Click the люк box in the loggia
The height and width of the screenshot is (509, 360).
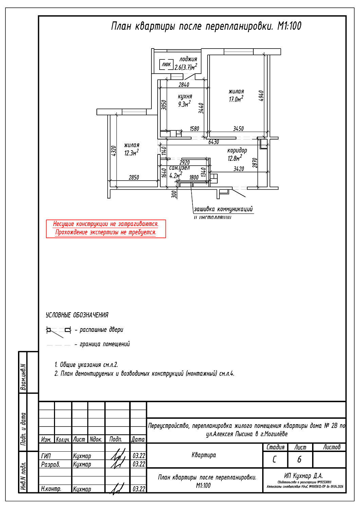click(x=166, y=64)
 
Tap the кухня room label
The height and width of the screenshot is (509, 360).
click(x=185, y=96)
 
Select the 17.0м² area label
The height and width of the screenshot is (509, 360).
click(x=236, y=99)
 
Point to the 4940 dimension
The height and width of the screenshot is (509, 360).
click(x=261, y=96)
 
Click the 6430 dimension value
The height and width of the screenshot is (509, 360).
click(x=214, y=142)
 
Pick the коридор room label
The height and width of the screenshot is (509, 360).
click(x=237, y=150)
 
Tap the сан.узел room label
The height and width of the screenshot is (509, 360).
click(x=179, y=168)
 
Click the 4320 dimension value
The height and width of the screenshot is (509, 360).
click(x=114, y=151)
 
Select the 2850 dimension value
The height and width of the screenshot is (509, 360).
click(x=134, y=177)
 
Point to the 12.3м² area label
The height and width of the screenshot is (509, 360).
click(x=131, y=153)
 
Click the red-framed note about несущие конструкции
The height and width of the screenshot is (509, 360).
click(x=106, y=228)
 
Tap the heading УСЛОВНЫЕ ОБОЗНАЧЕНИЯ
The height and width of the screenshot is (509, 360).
click(x=77, y=315)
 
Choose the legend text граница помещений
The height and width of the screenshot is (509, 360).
click(x=105, y=344)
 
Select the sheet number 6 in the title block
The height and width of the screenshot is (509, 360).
click(x=299, y=459)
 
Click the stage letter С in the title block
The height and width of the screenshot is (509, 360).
click(x=274, y=459)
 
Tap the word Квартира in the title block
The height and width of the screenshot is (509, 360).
click(x=203, y=455)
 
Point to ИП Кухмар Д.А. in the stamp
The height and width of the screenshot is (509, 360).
click(x=303, y=476)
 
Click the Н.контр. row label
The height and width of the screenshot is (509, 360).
click(x=51, y=489)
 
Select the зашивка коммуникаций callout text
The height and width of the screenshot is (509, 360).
click(x=223, y=209)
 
